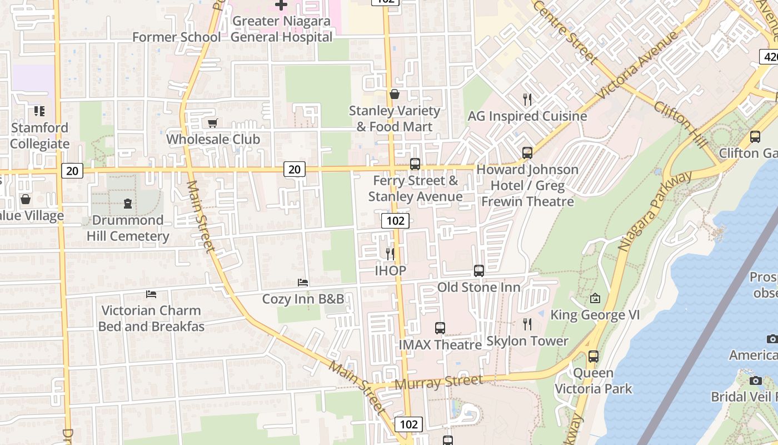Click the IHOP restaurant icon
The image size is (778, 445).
[x=390, y=254]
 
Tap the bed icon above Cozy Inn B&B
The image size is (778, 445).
[x=303, y=283]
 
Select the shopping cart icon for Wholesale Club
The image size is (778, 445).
[x=212, y=123]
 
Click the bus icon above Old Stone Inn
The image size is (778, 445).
[x=479, y=271]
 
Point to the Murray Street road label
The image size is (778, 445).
[x=438, y=382]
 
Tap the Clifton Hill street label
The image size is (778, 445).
[x=680, y=124]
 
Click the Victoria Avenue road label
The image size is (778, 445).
[x=639, y=66]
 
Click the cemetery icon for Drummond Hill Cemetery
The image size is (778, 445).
[x=128, y=204]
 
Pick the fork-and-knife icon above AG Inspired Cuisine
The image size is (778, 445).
[x=527, y=100]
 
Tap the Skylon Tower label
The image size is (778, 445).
[x=527, y=341]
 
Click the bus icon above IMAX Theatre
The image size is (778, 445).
[x=440, y=328]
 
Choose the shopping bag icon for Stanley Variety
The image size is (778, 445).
[x=395, y=94]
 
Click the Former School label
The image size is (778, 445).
[x=176, y=37]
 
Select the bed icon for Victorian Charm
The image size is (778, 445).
[x=151, y=294]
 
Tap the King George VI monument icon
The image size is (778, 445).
[x=595, y=299]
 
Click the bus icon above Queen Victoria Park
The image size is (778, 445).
[x=594, y=357]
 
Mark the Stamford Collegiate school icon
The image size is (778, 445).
[x=39, y=111]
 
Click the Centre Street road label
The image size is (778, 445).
[x=566, y=31]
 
